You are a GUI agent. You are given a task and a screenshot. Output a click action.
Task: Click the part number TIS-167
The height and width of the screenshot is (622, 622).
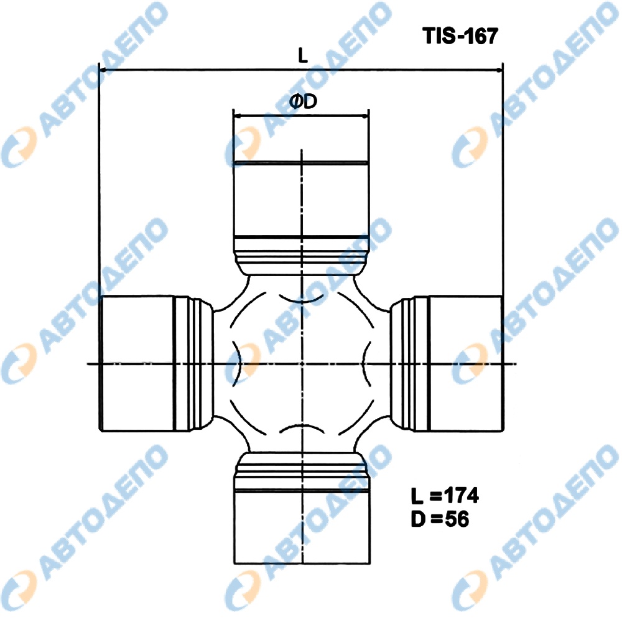point(460,37)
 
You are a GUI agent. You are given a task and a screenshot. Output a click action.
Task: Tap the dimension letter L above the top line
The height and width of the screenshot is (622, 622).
point(302,56)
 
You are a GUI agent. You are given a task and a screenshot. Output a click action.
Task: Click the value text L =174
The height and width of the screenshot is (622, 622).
point(444,496)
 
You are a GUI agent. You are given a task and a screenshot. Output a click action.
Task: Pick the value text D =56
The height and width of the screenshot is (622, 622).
point(439,518)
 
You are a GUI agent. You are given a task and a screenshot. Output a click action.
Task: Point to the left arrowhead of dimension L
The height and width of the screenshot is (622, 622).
point(103,70)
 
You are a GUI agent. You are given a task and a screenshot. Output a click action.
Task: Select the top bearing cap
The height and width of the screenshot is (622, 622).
point(301,199)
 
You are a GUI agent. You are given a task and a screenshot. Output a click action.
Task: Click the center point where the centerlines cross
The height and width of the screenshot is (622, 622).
point(301,363)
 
